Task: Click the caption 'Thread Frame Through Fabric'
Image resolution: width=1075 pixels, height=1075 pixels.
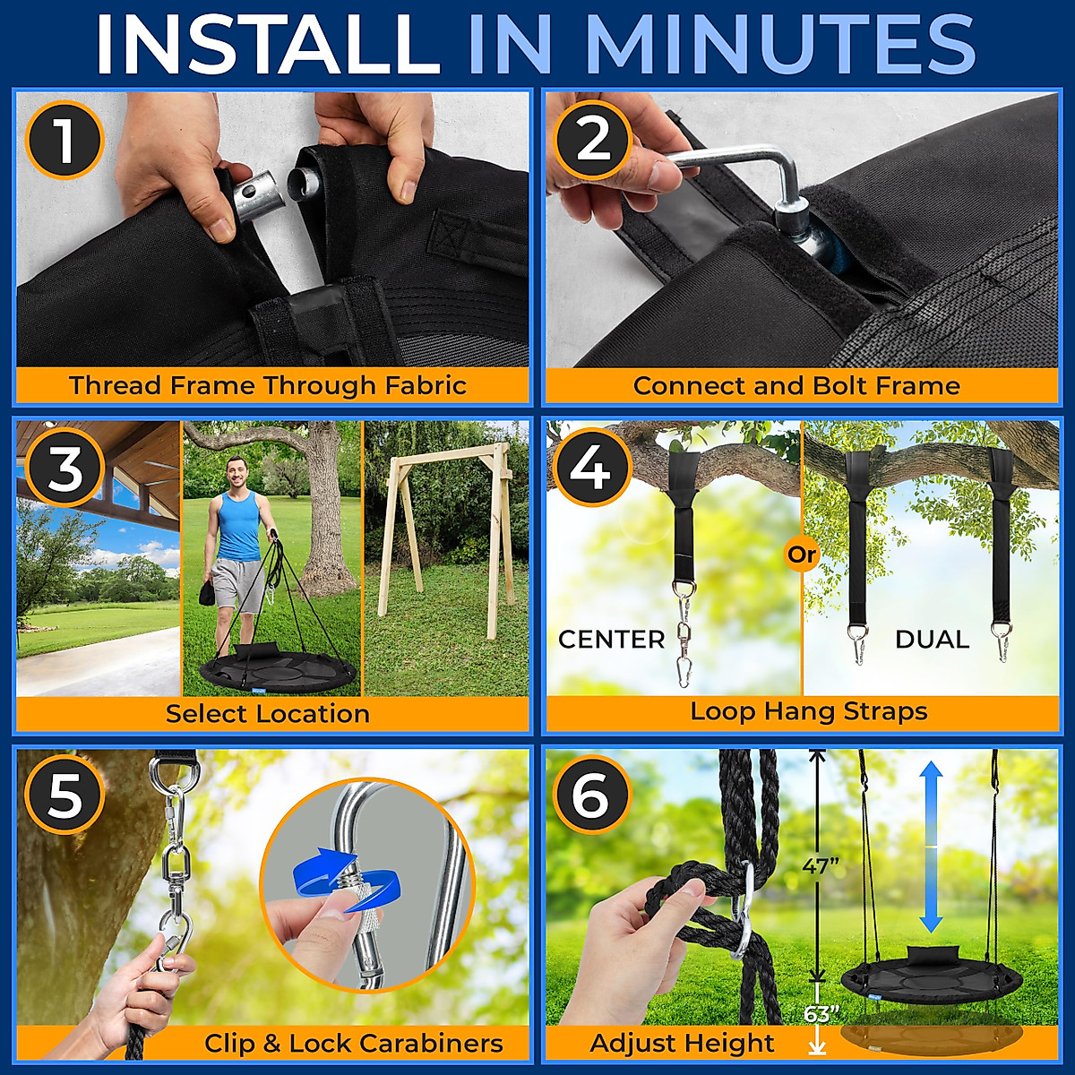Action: [x=268, y=385]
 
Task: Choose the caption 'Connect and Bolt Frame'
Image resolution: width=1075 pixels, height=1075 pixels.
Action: [x=796, y=386]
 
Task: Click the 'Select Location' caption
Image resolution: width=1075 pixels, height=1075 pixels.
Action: [x=268, y=714]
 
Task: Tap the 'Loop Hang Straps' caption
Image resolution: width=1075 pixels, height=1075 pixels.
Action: [x=808, y=712]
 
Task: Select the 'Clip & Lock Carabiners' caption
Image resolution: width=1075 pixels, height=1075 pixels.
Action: [x=353, y=1044]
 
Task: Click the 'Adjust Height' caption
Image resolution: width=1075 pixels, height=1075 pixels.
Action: [x=682, y=1044]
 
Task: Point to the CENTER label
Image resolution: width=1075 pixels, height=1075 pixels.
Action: [x=611, y=640]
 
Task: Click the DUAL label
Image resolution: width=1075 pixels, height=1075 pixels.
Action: [x=932, y=640]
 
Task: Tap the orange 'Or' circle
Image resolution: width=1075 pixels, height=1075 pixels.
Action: [x=802, y=555]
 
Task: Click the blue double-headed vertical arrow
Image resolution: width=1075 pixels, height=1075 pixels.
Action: [x=931, y=847]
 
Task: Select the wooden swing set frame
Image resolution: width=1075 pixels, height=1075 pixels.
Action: [x=444, y=529]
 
